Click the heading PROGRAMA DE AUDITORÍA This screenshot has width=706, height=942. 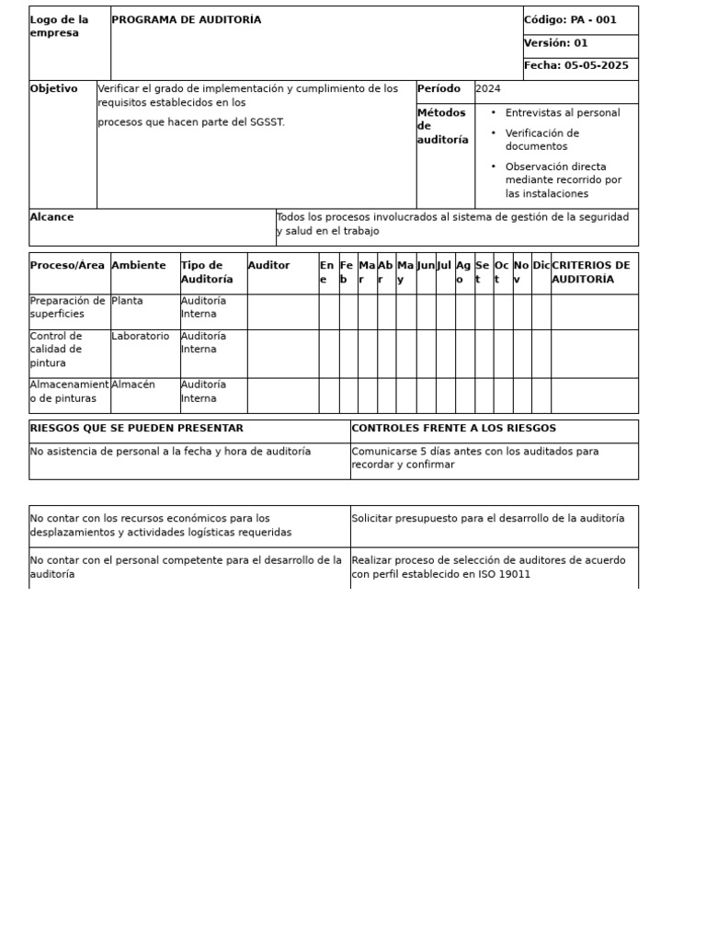[x=187, y=20]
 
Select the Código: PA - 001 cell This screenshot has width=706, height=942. [x=570, y=20]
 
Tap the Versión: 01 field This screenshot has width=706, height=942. [x=556, y=43]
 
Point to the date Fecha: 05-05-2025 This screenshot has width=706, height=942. [x=576, y=66]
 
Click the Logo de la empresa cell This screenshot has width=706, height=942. [x=60, y=27]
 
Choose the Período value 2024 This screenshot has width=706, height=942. [x=488, y=89]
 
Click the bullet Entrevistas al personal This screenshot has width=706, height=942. [x=562, y=113]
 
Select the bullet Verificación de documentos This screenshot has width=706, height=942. [x=542, y=140]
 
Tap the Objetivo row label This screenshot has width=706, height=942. [x=53, y=89]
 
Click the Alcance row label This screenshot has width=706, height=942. [x=51, y=218]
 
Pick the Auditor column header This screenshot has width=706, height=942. [x=268, y=266]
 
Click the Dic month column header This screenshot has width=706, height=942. [x=541, y=266]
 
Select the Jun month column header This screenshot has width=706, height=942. [x=426, y=266]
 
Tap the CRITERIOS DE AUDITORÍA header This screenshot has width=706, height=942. [x=591, y=272]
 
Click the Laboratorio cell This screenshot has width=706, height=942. [x=141, y=337]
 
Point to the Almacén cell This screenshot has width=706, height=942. [x=133, y=385]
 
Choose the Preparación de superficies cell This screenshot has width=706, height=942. [x=68, y=307]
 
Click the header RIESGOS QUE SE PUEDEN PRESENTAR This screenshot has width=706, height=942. [x=137, y=429]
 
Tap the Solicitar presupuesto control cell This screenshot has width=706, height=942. [x=487, y=519]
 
